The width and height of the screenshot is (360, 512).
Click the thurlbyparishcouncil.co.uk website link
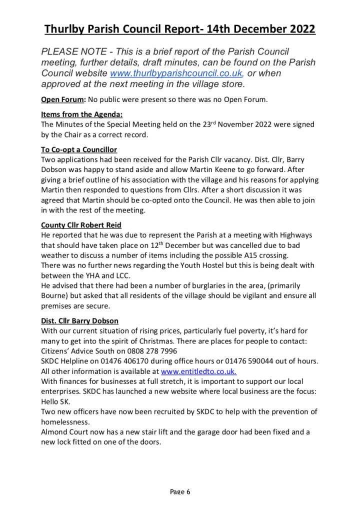tap(176, 73)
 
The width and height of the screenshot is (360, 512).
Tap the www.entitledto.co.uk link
tap(198, 371)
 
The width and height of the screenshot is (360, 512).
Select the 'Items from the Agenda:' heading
tap(74, 114)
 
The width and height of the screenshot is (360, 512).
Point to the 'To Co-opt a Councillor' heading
tap(79, 149)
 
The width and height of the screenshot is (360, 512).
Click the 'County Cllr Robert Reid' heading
tap(81, 224)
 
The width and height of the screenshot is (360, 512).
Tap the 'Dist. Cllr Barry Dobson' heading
tap(79, 320)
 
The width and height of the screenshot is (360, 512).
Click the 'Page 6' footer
tap(180, 492)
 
